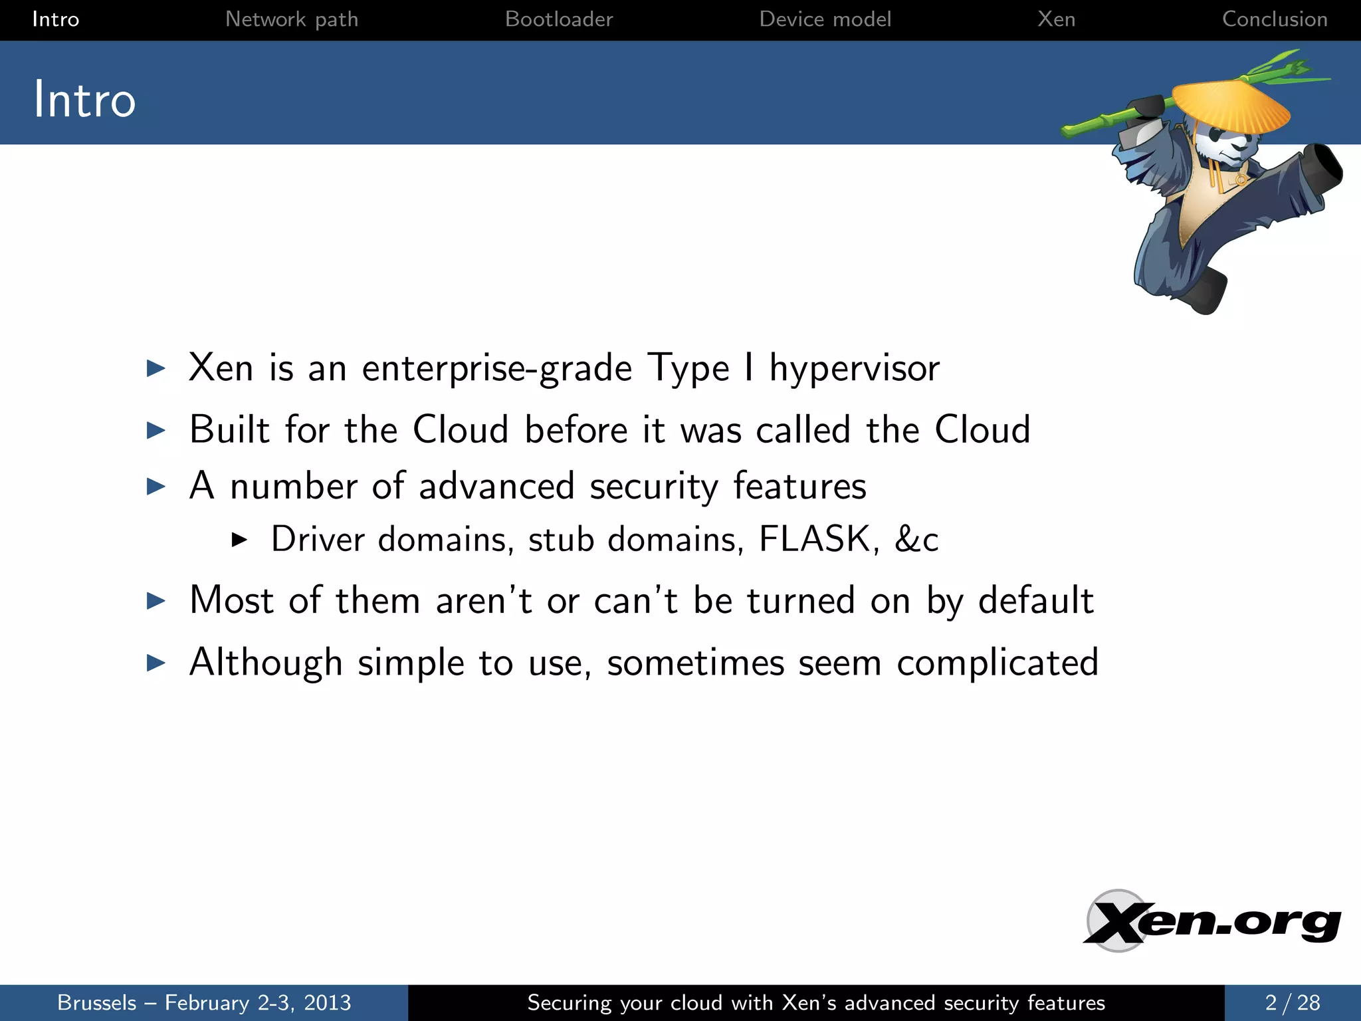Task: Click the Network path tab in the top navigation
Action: point(292,19)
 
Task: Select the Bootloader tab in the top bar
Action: point(559,19)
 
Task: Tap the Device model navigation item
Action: point(825,19)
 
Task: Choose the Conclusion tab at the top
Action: point(1275,19)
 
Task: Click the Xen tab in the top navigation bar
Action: point(1056,19)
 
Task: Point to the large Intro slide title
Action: point(84,100)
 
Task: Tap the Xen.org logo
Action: point(1212,922)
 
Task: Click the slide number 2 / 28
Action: point(1292,1002)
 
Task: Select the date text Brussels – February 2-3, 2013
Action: point(204,1002)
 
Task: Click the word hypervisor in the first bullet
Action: point(855,369)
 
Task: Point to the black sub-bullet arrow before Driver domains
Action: point(239,540)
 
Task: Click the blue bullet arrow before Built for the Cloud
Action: point(156,430)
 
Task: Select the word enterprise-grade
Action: point(496,369)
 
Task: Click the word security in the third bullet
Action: point(654,487)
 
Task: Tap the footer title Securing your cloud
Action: point(816,1002)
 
